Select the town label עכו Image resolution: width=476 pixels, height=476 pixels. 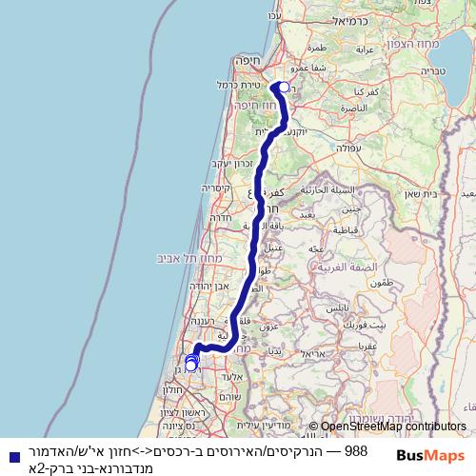(x=276, y=16)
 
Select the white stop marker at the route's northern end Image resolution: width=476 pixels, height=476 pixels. (x=284, y=88)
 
